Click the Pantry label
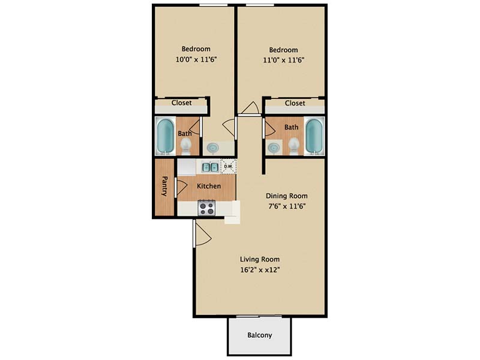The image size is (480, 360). (164, 186)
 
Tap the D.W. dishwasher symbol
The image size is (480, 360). (229, 167)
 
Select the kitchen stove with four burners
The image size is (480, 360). (207, 208)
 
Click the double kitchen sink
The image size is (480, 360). (209, 167)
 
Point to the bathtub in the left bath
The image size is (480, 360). (166, 136)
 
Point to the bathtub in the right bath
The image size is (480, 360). (314, 136)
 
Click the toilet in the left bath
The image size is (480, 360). (185, 146)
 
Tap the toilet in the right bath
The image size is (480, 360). (294, 146)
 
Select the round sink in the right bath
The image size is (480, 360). (274, 148)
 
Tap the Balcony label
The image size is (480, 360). (260, 335)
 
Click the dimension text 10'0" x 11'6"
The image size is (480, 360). (196, 59)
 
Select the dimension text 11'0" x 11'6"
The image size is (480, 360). (283, 60)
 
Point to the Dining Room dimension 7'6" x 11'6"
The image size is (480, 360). (287, 206)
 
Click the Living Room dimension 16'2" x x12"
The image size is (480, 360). (260, 270)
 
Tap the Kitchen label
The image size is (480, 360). (209, 186)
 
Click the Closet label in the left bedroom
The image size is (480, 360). (182, 103)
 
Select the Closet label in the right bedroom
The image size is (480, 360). (295, 103)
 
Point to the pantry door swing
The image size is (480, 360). (182, 187)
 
